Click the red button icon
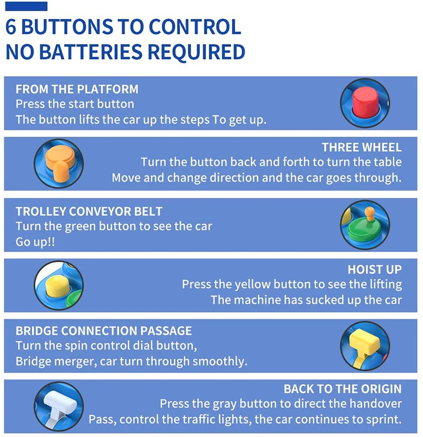[x=365, y=103]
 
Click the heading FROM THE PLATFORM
[x=77, y=89]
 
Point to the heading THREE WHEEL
[x=361, y=147]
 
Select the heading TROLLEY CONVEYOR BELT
[x=89, y=211]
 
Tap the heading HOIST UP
[x=374, y=270]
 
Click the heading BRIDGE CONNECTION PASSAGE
[x=104, y=330]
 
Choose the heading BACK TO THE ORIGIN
[x=342, y=389]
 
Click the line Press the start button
[x=75, y=103]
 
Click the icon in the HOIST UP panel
[x=58, y=285]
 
